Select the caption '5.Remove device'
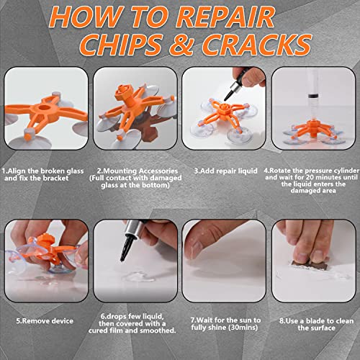pos(42,320)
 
